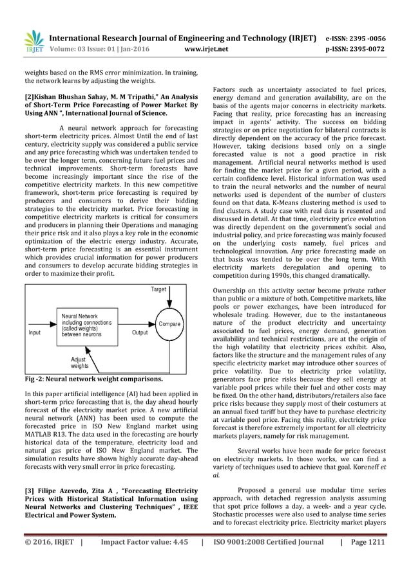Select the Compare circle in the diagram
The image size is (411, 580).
pyautogui.click(x=169, y=323)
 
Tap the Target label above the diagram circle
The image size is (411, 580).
pyautogui.click(x=158, y=290)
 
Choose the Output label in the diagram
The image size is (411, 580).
pyautogui.click(x=140, y=332)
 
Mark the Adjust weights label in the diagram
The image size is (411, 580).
pyautogui.click(x=80, y=362)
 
